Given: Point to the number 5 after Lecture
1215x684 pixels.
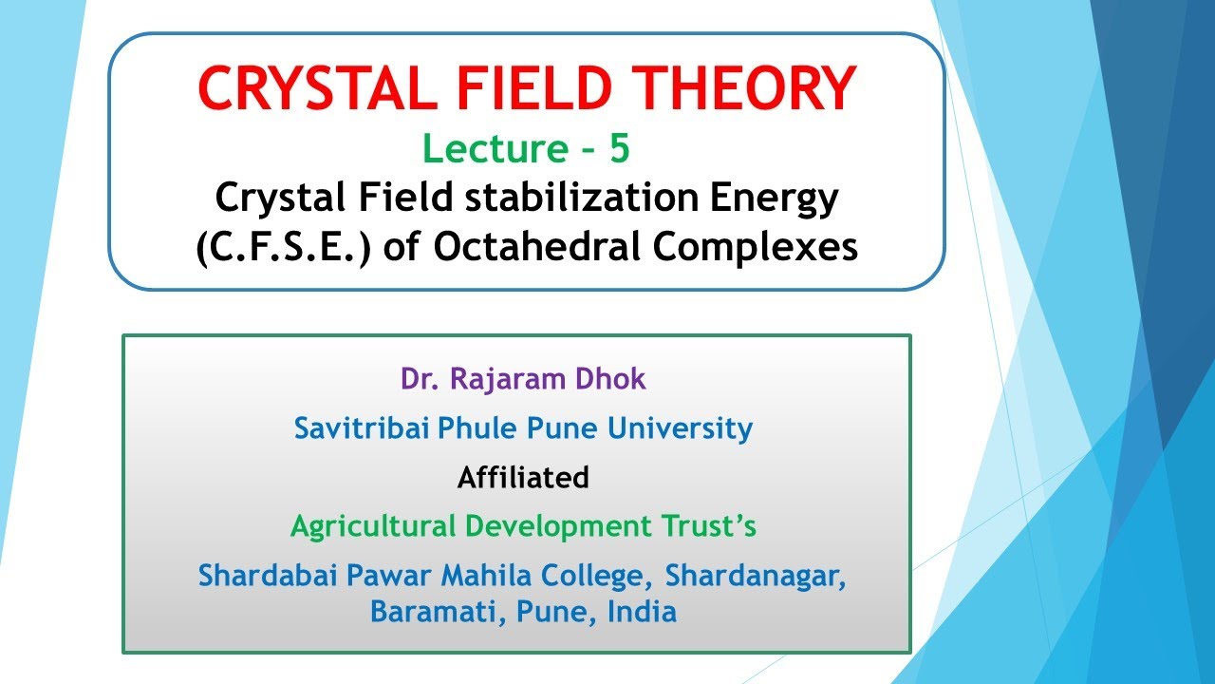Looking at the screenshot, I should [x=619, y=149].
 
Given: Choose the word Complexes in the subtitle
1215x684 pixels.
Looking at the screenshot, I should [x=756, y=246].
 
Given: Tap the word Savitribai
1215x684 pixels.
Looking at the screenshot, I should [x=362, y=428].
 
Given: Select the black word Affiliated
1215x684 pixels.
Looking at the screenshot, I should [x=523, y=477].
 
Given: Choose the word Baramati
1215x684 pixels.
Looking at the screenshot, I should [x=438, y=611].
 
